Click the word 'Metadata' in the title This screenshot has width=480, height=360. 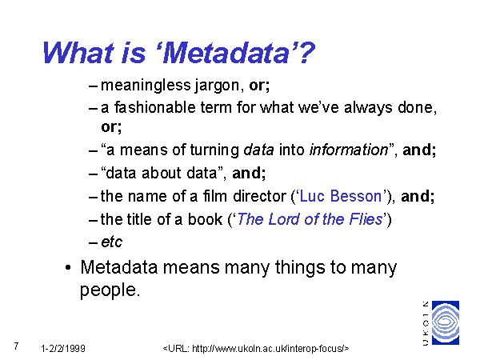[x=226, y=53]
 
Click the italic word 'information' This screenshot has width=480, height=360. [x=349, y=150]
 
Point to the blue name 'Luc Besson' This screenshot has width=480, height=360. [x=341, y=196]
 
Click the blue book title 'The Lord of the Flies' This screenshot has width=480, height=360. [x=310, y=219]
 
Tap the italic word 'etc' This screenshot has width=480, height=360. [x=112, y=242]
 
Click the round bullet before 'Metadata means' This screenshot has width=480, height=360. [x=68, y=267]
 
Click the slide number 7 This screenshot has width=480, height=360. [x=16, y=346]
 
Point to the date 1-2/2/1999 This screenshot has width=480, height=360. [x=63, y=348]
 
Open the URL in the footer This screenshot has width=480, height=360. [x=256, y=348]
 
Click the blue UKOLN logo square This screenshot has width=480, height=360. [x=446, y=322]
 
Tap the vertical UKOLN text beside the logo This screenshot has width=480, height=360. [x=426, y=323]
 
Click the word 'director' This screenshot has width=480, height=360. [x=259, y=196]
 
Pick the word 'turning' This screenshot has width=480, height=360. [x=214, y=150]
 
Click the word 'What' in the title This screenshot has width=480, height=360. [x=78, y=53]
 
